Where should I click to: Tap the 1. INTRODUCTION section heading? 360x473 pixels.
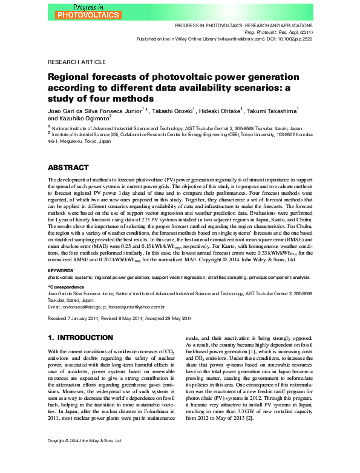point(80,337)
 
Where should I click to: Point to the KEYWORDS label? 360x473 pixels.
point(61,270)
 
